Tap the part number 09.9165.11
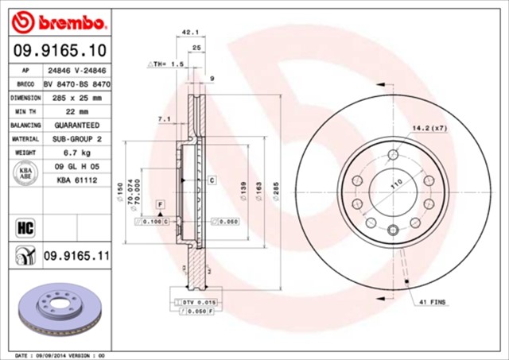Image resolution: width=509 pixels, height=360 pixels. pyautogui.click(x=76, y=256)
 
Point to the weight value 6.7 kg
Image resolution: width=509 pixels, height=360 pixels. pyautogui.click(x=71, y=152)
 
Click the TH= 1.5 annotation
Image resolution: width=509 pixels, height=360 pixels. pyautogui.click(x=166, y=62)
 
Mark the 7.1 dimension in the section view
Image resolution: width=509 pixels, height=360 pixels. pyautogui.click(x=165, y=119)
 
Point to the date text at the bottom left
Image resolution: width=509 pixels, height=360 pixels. pyautogui.click(x=60, y=354)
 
